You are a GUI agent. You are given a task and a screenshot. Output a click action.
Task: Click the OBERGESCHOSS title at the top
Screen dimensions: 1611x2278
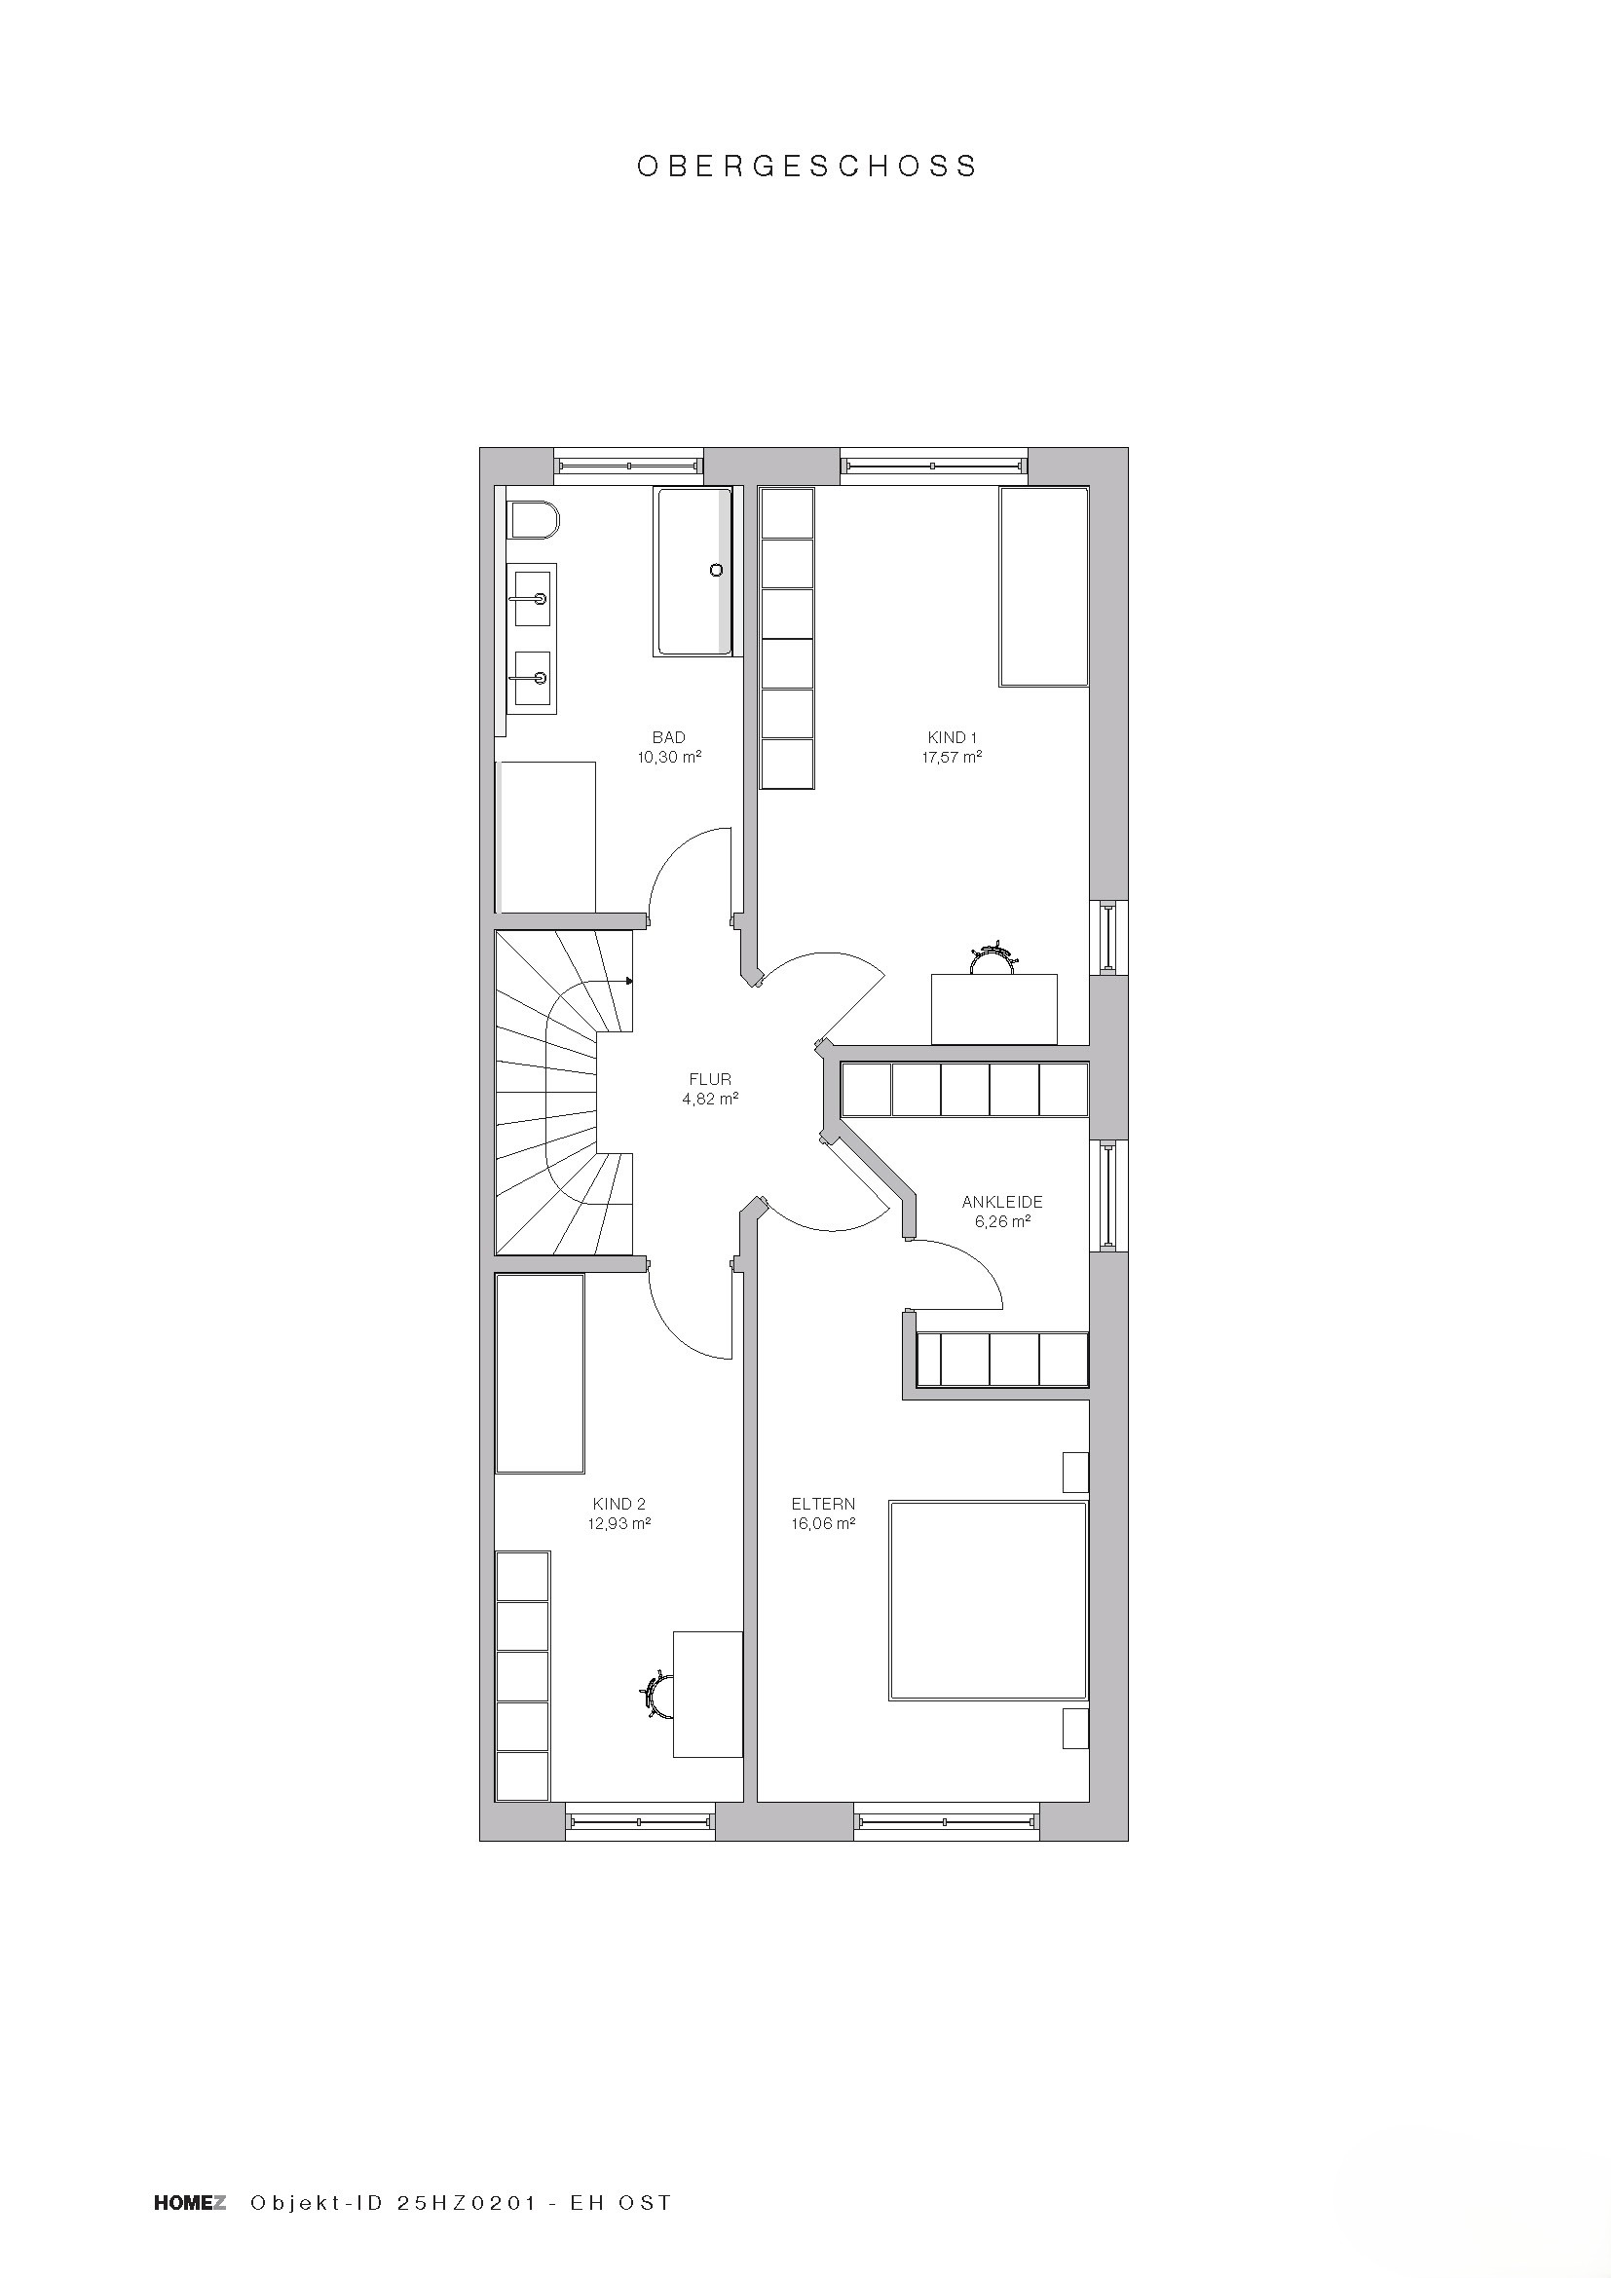pos(806,166)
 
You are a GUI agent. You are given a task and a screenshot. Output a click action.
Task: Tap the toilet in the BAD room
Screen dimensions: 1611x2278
pos(534,519)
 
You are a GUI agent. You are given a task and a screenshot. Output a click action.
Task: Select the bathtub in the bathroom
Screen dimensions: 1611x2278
pos(694,571)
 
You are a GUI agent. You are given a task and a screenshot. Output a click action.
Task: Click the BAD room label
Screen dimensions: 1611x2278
pos(668,737)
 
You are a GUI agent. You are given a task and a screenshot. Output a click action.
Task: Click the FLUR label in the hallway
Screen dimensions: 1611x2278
pos(710,1079)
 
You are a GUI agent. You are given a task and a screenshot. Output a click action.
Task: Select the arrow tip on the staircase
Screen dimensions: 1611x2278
pos(631,981)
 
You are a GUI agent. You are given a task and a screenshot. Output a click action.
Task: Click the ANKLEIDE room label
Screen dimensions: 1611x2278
pos(1002,1202)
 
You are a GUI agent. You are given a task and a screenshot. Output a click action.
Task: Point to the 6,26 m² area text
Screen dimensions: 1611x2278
pos(1002,1221)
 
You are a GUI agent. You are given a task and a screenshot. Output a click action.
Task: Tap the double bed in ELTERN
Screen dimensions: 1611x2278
pos(988,1600)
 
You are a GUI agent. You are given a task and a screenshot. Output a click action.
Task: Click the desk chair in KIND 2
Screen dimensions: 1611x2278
pos(657,1694)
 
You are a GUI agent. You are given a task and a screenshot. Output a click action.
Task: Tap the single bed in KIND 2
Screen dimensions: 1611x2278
pos(540,1374)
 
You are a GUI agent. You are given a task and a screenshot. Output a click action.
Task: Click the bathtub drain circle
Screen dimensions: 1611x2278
pos(716,571)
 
